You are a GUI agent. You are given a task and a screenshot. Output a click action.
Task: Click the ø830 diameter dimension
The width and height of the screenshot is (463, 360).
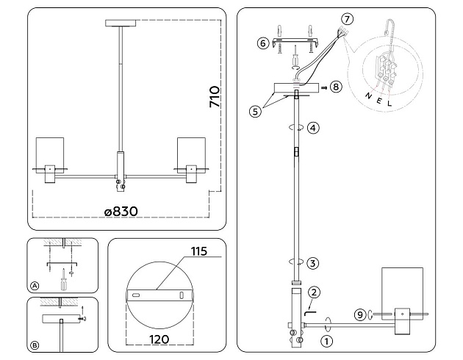click(121, 212)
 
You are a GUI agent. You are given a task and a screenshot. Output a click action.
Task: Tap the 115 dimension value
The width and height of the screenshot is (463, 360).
click(198, 252)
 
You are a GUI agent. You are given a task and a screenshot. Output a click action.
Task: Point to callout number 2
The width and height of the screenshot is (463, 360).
click(314, 292)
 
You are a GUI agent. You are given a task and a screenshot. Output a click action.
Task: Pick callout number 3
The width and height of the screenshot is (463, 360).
click(313, 262)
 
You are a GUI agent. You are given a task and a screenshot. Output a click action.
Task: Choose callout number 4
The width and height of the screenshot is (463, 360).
click(313, 127)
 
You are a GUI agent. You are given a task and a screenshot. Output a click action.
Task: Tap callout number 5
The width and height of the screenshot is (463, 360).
click(254, 112)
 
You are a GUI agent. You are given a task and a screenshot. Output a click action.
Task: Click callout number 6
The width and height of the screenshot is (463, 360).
click(262, 43)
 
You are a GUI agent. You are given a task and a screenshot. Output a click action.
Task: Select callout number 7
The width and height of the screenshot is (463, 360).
click(348, 18)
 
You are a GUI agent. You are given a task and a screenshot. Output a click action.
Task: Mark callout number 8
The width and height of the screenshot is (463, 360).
click(335, 87)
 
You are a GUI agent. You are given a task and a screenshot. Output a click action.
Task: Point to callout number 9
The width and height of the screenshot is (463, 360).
click(359, 315)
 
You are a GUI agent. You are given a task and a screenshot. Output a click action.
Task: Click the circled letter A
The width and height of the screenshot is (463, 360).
click(35, 284)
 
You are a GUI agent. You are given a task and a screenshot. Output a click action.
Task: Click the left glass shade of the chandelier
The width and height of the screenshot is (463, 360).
click(52, 152)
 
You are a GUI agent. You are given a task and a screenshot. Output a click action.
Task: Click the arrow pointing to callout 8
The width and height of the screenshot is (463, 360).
click(323, 87)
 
